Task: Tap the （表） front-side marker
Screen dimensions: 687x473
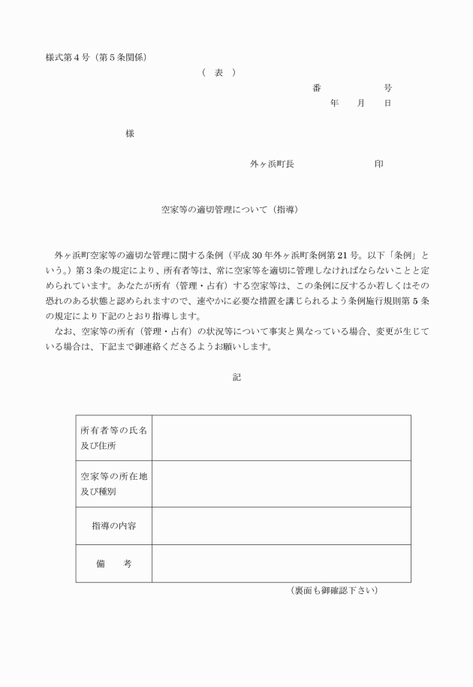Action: tap(218, 72)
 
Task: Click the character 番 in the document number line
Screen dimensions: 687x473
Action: tap(317, 88)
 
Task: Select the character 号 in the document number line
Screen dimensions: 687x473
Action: tap(387, 88)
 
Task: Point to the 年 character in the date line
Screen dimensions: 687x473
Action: tap(334, 103)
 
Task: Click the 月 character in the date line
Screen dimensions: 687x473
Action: tap(361, 103)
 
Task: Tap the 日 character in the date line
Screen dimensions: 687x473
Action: tap(387, 103)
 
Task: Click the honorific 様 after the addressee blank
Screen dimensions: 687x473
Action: tap(130, 134)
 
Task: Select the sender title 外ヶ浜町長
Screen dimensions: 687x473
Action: tap(272, 164)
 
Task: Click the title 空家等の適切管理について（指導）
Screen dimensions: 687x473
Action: tap(230, 209)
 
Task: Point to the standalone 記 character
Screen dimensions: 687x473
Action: tap(236, 377)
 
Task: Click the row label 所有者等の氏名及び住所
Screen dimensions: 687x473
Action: tap(114, 438)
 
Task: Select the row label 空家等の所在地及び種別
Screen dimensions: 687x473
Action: tap(114, 484)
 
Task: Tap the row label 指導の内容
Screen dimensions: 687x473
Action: tap(114, 526)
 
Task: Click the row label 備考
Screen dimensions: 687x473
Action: tap(114, 563)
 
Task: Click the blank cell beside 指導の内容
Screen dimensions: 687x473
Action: tap(281, 526)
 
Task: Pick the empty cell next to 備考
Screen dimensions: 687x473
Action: tap(281, 563)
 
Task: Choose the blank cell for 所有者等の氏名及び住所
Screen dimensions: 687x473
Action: tap(281, 438)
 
